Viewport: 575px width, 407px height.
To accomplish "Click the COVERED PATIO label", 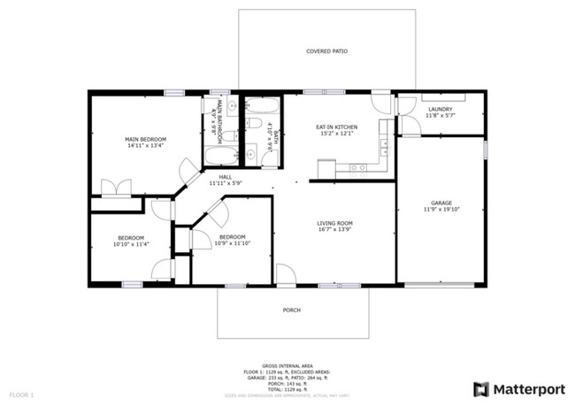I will [x=326, y=52].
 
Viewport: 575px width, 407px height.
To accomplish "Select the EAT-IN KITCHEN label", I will [x=335, y=127].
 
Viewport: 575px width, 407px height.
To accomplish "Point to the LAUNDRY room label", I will [x=440, y=109].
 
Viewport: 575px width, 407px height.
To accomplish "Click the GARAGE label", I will [x=441, y=203].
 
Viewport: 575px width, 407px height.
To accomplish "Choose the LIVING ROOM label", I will [x=335, y=223].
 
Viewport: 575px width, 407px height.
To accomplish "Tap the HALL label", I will [x=226, y=177].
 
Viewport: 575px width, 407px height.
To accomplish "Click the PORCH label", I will [x=291, y=311].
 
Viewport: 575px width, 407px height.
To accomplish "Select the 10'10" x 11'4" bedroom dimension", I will [x=130, y=244].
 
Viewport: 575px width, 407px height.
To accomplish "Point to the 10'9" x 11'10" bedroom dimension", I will [x=232, y=243].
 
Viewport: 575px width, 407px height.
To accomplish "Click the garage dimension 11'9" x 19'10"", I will [x=441, y=209].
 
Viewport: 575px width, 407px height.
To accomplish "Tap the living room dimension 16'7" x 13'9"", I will [x=335, y=229].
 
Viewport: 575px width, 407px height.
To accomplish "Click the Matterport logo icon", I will [x=481, y=389].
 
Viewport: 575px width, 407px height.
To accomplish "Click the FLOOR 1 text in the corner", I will [x=21, y=394].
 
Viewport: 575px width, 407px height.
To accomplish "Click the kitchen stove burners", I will [x=358, y=166].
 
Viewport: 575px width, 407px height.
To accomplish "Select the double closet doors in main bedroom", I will [x=116, y=188].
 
